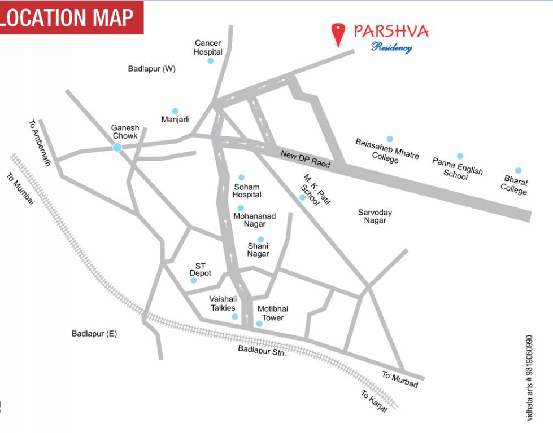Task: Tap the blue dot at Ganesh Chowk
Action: pos(117,147)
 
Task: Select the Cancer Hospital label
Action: pos(208,47)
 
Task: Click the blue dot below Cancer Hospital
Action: pos(210,61)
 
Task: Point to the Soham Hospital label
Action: pos(247,191)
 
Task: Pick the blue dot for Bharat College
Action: pos(518,170)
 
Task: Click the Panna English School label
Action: pos(457,169)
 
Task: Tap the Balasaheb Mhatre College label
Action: pos(387,151)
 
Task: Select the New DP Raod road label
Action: pos(305,158)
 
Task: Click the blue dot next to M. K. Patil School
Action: pos(302,197)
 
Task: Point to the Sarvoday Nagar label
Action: pos(375,216)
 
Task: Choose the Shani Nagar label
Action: pos(258,250)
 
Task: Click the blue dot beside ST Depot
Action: pos(193,280)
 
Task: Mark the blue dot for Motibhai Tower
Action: pos(259,324)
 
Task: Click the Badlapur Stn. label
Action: pos(262,351)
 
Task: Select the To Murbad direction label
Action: pos(400,379)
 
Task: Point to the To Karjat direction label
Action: pos(375,401)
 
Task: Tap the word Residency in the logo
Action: pos(391,47)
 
